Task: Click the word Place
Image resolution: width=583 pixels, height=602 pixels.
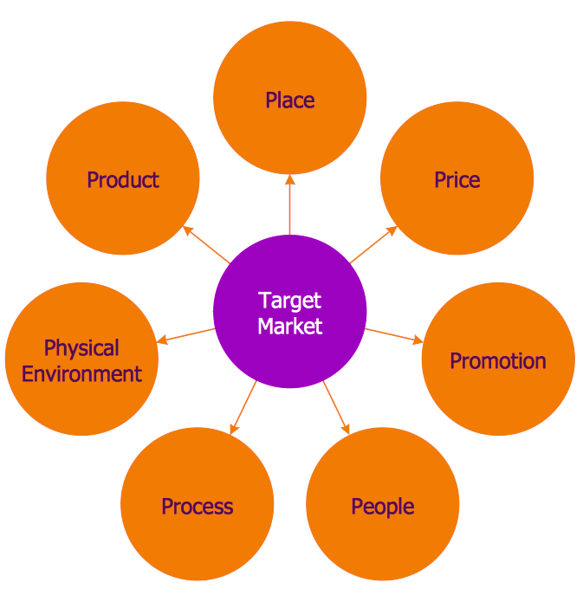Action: click(x=290, y=100)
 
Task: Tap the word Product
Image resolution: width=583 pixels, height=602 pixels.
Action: click(x=123, y=179)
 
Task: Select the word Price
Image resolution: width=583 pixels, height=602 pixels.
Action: click(x=457, y=179)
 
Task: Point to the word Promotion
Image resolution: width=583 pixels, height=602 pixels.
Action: click(x=498, y=361)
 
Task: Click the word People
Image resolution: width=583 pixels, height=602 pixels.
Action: click(x=383, y=507)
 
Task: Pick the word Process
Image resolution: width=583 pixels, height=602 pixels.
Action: click(x=197, y=507)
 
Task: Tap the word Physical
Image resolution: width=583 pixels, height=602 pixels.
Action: click(x=81, y=348)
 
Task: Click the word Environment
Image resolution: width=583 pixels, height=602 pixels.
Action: click(x=81, y=374)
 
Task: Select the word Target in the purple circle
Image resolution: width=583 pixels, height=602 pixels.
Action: click(x=289, y=301)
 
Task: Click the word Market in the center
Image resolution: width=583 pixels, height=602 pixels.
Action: click(x=290, y=327)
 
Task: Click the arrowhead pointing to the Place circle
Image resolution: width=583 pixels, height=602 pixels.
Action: click(x=290, y=179)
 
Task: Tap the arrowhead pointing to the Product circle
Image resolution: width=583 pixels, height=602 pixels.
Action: click(x=188, y=230)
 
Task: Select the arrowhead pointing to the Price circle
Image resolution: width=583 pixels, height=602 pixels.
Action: click(x=392, y=230)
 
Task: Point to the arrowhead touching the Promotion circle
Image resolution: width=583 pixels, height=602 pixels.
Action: click(x=418, y=340)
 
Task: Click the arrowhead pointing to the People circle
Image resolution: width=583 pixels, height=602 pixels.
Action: click(x=346, y=430)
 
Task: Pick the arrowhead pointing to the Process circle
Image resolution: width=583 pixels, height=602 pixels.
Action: click(x=234, y=430)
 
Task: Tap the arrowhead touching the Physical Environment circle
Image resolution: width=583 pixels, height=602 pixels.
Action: click(x=162, y=340)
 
